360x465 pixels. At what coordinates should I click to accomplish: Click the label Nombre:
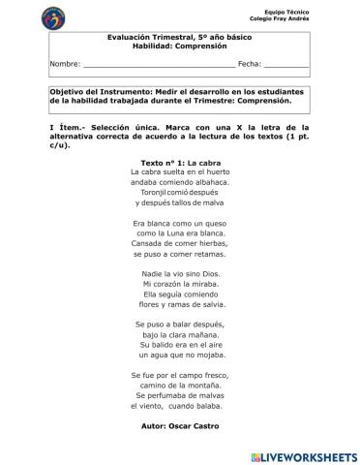pos(65,63)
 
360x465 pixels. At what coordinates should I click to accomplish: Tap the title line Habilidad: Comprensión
pos(179,45)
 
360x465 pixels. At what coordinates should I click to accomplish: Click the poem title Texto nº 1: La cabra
pos(181,163)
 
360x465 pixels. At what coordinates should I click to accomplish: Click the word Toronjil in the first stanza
pos(153,192)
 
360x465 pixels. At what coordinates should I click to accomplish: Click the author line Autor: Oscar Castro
pos(180,426)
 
